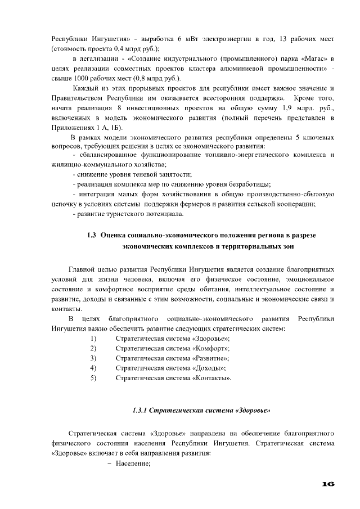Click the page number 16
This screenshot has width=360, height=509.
(329, 484)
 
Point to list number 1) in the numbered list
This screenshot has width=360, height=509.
(93, 337)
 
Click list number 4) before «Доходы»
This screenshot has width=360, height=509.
(93, 367)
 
